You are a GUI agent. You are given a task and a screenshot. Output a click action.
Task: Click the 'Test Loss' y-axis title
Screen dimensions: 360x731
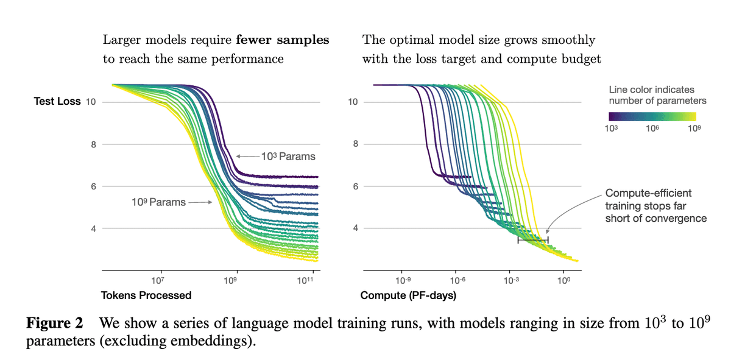[x=57, y=101]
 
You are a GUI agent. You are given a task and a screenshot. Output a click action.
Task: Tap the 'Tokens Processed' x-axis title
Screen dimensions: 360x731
[x=146, y=295]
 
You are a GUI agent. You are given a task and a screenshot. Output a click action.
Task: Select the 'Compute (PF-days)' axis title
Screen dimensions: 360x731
[x=408, y=295]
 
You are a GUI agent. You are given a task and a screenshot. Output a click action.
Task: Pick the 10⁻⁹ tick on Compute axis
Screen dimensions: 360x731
[x=402, y=280]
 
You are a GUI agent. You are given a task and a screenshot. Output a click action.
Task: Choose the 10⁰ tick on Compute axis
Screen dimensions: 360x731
[x=563, y=280]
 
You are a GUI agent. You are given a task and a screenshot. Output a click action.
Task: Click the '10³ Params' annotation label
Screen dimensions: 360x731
[x=288, y=157]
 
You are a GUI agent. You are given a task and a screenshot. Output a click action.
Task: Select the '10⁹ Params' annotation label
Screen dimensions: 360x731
[x=158, y=202]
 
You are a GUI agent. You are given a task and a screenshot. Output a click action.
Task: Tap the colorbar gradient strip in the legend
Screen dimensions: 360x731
[x=652, y=116]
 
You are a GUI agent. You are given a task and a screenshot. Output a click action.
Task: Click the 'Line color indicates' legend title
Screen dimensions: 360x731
[x=651, y=90]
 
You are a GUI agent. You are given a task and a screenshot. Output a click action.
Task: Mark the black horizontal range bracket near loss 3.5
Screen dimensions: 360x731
[x=533, y=241]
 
